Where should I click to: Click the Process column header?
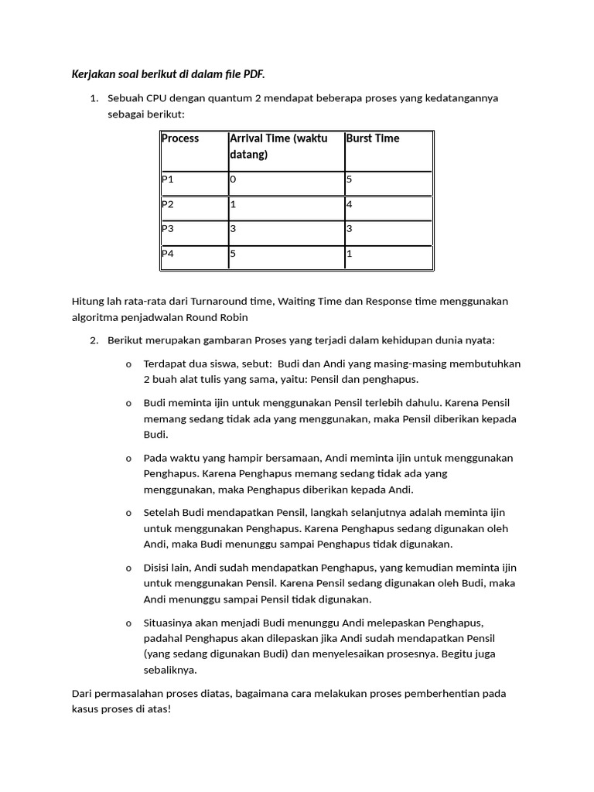(180, 138)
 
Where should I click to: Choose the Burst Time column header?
(373, 138)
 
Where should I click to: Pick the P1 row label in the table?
(168, 179)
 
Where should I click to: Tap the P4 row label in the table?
(168, 253)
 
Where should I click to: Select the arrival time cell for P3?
(233, 228)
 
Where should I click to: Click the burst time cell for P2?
(350, 204)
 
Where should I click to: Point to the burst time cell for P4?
(350, 253)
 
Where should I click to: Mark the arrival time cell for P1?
(233, 179)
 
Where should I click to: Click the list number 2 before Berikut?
(94, 340)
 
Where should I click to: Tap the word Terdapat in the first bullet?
(166, 364)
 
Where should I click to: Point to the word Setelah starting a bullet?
(162, 513)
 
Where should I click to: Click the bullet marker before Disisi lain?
(128, 568)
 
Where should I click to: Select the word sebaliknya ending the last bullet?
(170, 670)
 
